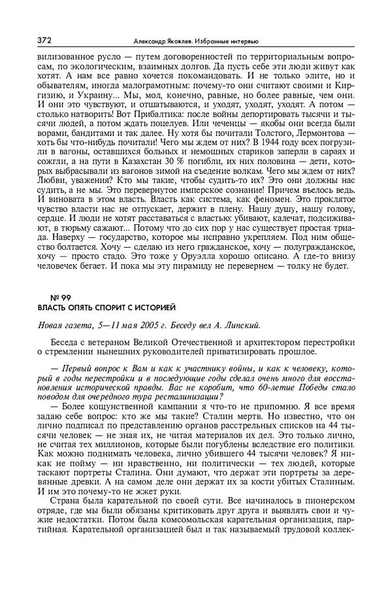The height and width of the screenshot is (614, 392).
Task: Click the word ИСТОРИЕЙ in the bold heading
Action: coord(154,307)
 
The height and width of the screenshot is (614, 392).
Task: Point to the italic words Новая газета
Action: coord(64,324)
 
